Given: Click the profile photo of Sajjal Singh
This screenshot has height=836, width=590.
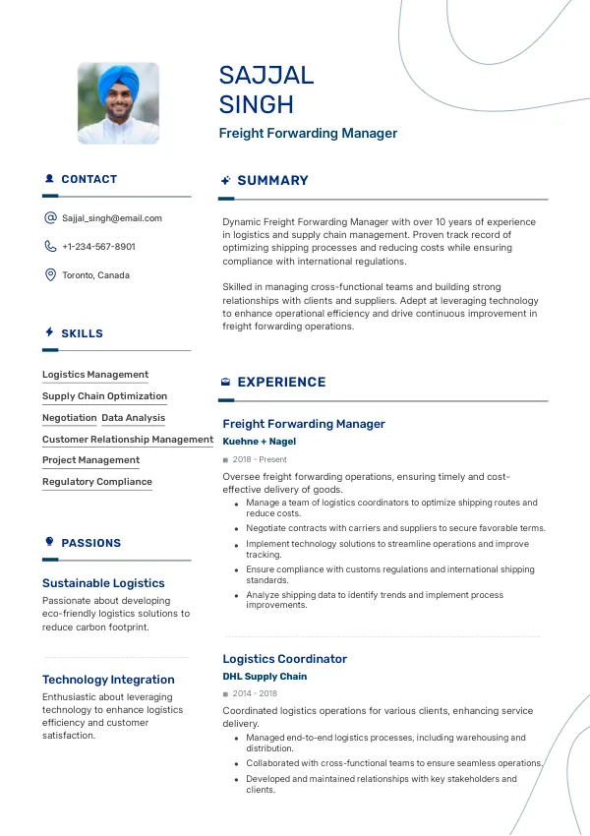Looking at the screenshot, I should pos(118,103).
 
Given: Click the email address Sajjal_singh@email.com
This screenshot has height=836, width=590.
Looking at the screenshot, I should pos(112,218).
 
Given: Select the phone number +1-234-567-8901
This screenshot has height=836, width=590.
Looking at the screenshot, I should pos(98,247).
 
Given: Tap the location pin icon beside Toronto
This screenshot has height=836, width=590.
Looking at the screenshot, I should pos(50,275).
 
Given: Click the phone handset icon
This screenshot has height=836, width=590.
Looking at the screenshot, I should pos(50,247).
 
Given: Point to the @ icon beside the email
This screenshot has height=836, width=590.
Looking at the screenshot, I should pos(50,218).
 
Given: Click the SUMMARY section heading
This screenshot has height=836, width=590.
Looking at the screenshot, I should pos(272,181).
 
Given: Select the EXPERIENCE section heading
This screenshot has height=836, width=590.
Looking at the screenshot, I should pos(281,383).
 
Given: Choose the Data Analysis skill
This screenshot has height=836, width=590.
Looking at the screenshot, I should pos(134,418).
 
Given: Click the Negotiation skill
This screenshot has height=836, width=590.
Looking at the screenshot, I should pos(69,418).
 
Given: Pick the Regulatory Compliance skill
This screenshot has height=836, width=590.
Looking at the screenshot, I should pos(97,482).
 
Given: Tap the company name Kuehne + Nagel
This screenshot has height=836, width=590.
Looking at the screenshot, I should pos(260,442).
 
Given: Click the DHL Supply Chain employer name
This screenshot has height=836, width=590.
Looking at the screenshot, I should pos(265,677).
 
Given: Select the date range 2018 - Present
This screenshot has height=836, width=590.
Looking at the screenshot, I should pos(260,459).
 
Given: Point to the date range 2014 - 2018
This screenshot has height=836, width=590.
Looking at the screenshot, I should pos(255,693).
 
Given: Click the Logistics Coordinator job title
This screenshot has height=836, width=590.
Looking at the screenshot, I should pos(285,659).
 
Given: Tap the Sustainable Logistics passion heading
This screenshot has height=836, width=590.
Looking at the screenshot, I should pos(103,583).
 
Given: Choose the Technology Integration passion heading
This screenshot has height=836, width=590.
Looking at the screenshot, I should pos(108,680).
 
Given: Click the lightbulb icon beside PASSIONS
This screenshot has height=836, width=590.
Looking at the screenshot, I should pos(50,542).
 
